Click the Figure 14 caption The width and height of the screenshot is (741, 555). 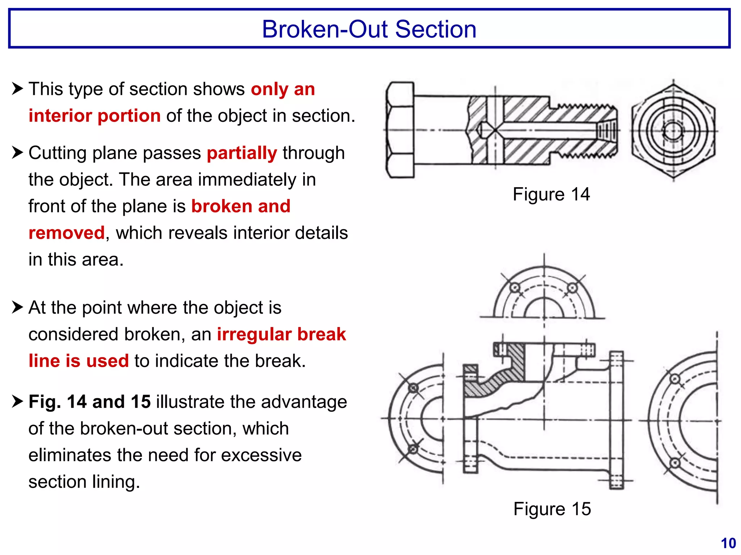coord(551,194)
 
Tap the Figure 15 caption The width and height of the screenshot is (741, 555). coord(552,509)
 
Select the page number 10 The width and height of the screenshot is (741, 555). coord(728,543)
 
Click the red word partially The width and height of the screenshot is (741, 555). coord(242,153)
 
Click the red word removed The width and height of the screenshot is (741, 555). coord(67,233)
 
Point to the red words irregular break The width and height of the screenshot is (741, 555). coord(281,334)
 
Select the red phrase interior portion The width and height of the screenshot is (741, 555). coord(94,116)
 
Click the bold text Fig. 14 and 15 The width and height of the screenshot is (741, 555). coord(89,402)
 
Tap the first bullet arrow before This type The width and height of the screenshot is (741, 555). coord(17,88)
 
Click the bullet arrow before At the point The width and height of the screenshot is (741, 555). coord(17,307)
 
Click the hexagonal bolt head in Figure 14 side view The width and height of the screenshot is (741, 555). coord(400,130)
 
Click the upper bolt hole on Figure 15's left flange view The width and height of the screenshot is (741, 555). coord(413,388)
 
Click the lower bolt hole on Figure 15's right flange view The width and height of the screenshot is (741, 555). coord(675,463)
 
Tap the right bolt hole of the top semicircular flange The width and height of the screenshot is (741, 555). coord(572,288)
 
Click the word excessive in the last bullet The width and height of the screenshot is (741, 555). coord(261,455)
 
